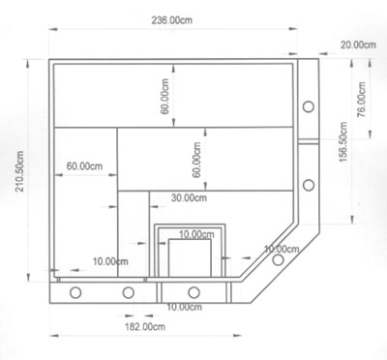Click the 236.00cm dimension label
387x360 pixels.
pos(172,20)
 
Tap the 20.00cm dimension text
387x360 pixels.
pos(358,45)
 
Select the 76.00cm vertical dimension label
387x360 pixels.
pos(362,100)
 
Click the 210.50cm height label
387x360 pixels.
pos(19,171)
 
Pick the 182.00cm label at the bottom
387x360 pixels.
pos(145,327)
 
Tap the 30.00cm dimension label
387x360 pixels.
pos(189,197)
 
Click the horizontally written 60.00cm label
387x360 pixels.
pos(84,166)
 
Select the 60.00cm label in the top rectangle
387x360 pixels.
pos(164,96)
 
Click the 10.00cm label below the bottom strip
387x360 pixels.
pos(184,307)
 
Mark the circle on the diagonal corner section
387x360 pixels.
pos(278,259)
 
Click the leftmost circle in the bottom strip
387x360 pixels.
pos(75,292)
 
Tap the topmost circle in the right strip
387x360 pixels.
pos(309,106)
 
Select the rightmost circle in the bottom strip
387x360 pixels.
pos(193,292)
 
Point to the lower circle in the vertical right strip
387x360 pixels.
pos(309,185)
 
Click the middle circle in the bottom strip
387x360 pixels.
pos(129,292)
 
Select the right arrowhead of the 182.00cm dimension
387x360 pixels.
pos(237,336)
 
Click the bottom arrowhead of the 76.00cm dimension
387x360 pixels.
pos(371,135)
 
